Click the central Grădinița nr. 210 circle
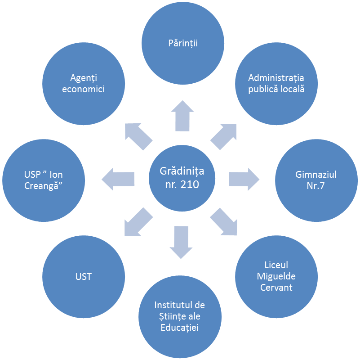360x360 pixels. [182, 178]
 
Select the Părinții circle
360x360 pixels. [183, 43]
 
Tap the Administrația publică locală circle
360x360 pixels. [276, 84]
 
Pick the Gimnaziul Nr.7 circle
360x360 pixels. [316, 180]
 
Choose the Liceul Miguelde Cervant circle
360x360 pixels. [276, 277]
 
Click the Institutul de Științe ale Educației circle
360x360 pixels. [180, 317]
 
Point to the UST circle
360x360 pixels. [84, 277]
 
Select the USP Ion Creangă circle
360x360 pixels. [44, 180]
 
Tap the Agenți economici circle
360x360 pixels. [84, 84]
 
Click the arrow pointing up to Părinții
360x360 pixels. [182, 116]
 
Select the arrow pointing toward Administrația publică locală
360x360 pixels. [223, 137]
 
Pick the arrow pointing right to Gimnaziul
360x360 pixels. [244, 179]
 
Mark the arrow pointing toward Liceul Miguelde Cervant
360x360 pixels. [224, 222]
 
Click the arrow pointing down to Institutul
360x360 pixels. [181, 242]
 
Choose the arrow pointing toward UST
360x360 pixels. [138, 222]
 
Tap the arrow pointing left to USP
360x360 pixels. [118, 179]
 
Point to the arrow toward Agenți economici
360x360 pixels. [139, 137]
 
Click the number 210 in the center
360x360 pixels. [190, 184]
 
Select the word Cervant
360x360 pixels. [276, 288]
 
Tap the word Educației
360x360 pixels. [179, 328]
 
